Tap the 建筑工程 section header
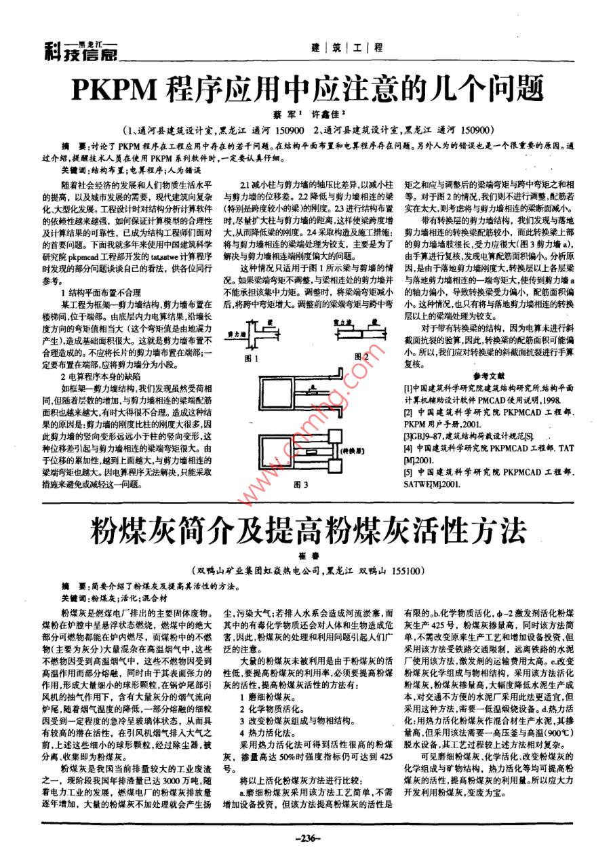coord(346,48)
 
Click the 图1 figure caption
coord(254,357)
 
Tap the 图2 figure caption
coord(361,357)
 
